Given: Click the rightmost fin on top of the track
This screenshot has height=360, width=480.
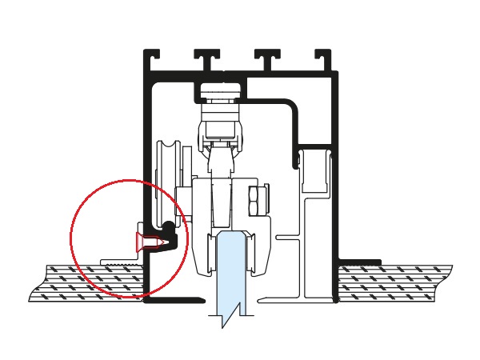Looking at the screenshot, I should coord(323,58).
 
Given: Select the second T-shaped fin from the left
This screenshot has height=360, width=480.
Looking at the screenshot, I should coord(206,58).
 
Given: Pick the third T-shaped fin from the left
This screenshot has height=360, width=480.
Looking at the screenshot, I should coord(267,58).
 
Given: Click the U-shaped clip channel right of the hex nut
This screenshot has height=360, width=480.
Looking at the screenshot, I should coord(315,172).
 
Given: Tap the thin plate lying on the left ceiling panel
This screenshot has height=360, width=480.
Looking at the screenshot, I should coord(120,262).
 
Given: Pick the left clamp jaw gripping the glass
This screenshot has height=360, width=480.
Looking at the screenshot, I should coord(212,252).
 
